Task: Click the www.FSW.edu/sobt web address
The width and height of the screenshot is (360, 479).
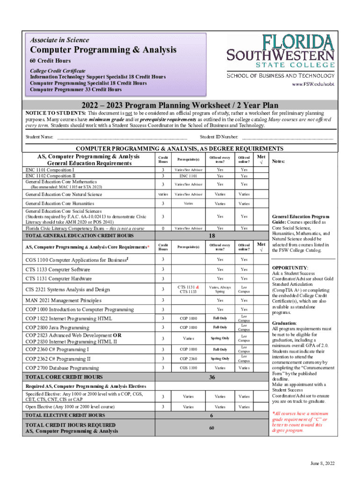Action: tap(313, 85)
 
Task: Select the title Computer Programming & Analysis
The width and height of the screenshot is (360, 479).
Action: tap(103, 50)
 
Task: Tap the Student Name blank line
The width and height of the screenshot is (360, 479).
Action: tap(122, 138)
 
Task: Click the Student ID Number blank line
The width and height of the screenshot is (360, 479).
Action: tap(287, 138)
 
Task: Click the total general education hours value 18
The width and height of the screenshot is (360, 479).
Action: tap(211, 236)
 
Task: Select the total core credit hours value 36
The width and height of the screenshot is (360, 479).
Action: tap(211, 377)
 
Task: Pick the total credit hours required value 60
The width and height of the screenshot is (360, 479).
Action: tap(211, 428)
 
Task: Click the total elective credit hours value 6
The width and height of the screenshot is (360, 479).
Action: tap(211, 415)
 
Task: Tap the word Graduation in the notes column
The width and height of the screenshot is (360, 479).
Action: tap(284, 323)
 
